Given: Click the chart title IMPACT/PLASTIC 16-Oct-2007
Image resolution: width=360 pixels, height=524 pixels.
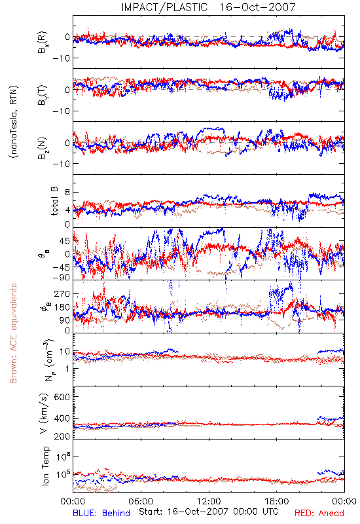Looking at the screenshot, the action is pyautogui.click(x=208, y=7).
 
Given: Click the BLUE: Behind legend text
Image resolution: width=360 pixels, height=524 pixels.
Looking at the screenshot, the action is pyautogui.click(x=101, y=513).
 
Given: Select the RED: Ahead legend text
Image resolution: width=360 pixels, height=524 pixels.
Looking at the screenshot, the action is pyautogui.click(x=319, y=513).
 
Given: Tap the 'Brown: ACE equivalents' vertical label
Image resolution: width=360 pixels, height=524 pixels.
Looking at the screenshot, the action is pyautogui.click(x=13, y=333).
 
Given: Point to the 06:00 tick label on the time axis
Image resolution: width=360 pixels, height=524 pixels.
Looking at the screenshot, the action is pyautogui.click(x=141, y=501).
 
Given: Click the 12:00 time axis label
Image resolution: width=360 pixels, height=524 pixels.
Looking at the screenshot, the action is pyautogui.click(x=209, y=501).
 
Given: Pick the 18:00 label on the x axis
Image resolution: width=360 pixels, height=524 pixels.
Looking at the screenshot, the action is pyautogui.click(x=277, y=501).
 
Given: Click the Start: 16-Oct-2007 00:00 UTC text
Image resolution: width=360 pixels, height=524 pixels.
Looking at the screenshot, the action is pyautogui.click(x=209, y=512).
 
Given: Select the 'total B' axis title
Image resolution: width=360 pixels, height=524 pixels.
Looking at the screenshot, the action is pyautogui.click(x=54, y=201).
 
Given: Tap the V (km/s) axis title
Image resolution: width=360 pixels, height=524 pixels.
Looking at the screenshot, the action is pyautogui.click(x=44, y=413).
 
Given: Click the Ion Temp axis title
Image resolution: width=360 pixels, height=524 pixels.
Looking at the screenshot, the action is pyautogui.click(x=45, y=466).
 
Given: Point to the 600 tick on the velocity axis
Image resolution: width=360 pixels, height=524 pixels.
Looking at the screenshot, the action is pyautogui.click(x=62, y=397).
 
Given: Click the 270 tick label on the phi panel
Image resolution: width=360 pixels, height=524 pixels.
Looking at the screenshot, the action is pyautogui.click(x=62, y=293).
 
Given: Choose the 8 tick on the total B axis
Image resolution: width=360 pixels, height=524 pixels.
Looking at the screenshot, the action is pyautogui.click(x=67, y=193).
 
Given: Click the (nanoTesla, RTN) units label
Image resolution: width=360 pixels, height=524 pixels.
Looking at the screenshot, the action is pyautogui.click(x=14, y=122).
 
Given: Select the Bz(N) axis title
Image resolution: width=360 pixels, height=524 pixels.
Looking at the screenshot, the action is pyautogui.click(x=42, y=148).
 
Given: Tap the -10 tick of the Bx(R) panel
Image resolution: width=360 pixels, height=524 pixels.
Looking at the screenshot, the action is pyautogui.click(x=61, y=58).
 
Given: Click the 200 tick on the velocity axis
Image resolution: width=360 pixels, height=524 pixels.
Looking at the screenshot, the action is pyautogui.click(x=62, y=436).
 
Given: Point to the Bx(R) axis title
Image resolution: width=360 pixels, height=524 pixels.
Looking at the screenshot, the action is pyautogui.click(x=42, y=43).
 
